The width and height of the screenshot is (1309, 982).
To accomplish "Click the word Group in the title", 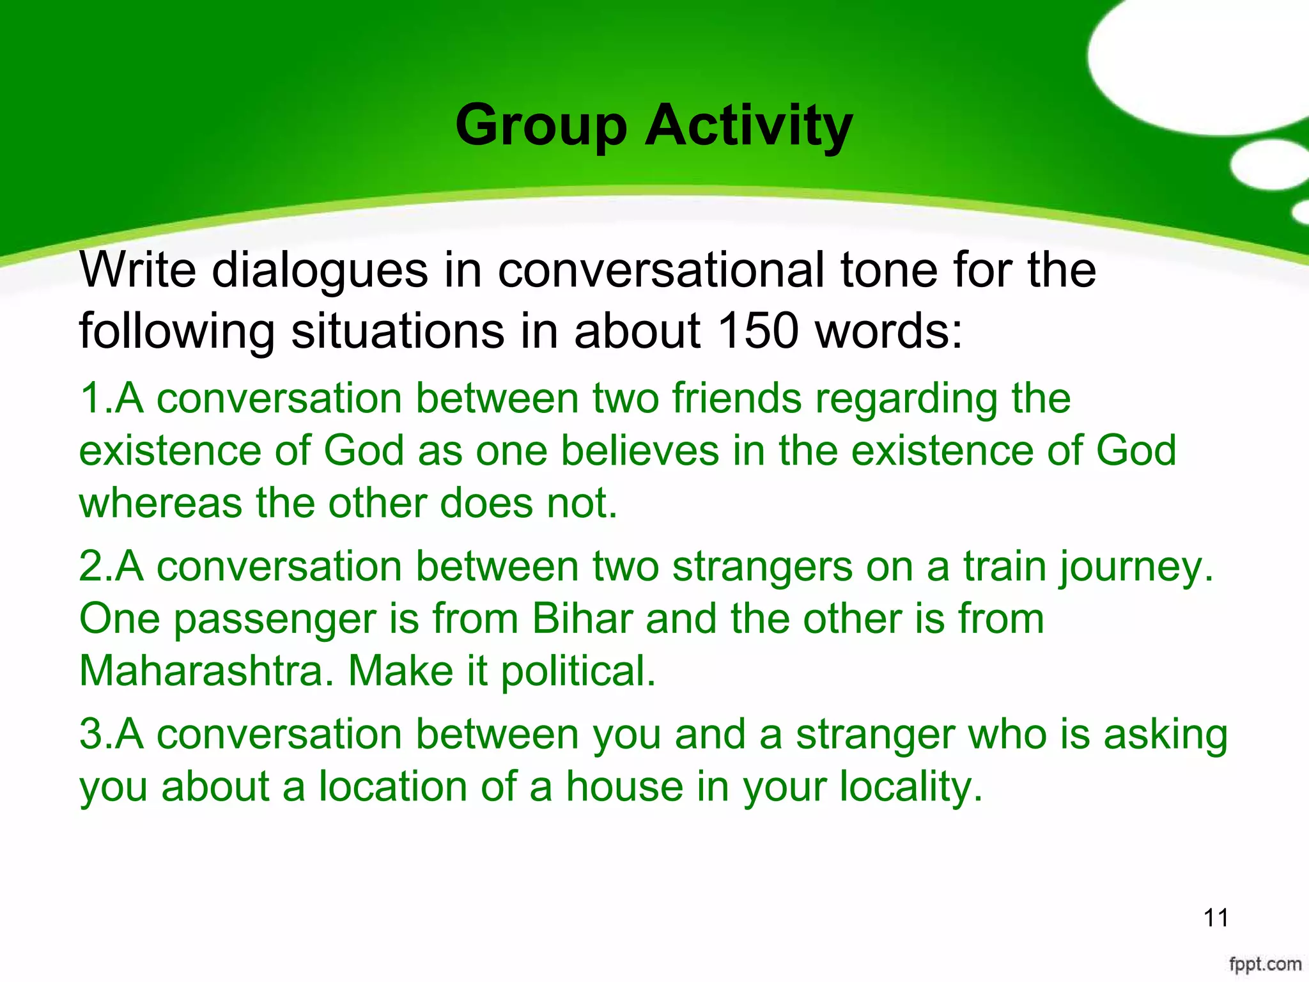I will pos(541,127).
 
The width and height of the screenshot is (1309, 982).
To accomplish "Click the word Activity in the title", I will pos(748,127).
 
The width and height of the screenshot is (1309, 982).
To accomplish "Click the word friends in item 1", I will pos(736,399).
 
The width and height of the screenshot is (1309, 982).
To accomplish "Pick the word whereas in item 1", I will pos(160,504).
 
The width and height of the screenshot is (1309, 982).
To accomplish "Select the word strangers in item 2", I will pos(762,567).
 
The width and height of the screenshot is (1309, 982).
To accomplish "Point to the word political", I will pos(578,673).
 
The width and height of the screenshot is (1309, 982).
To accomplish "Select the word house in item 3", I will pos(624,786).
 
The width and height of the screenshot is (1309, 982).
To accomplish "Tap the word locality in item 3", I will pos(910,788).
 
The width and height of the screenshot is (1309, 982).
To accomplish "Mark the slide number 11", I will pos(1216,918).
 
